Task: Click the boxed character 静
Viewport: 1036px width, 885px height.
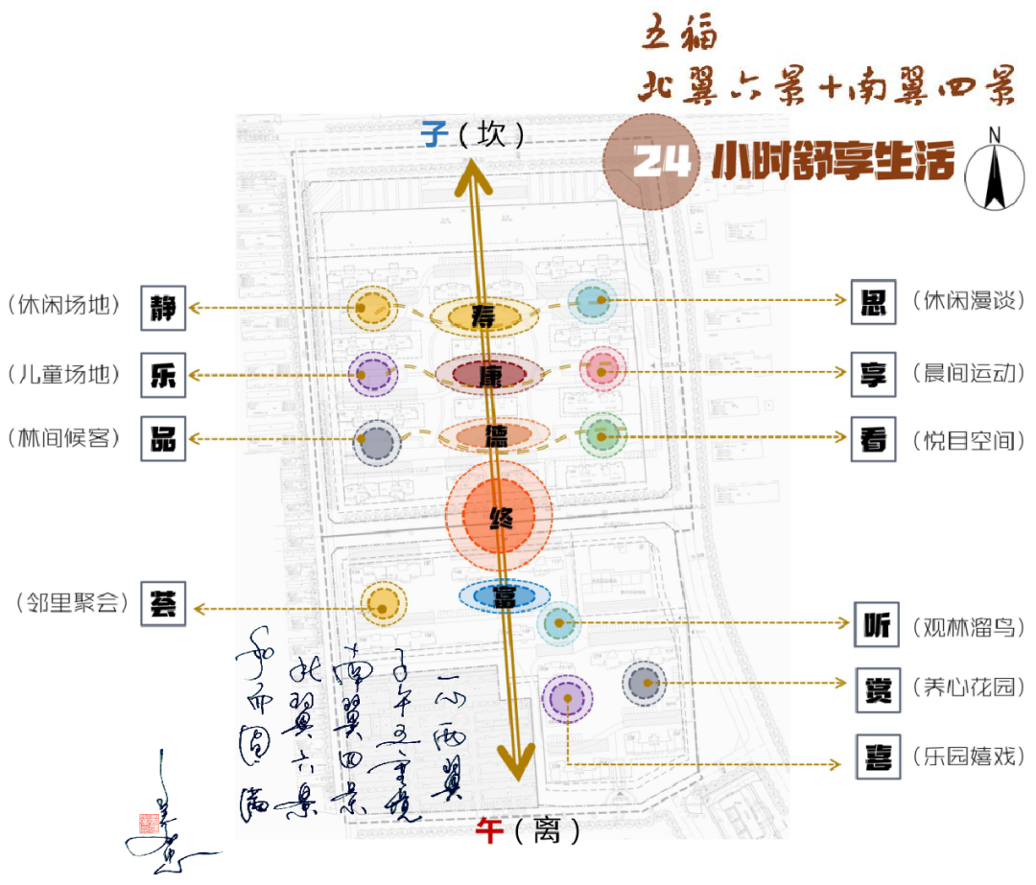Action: pyautogui.click(x=163, y=308)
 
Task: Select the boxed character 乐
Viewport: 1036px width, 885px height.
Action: pyautogui.click(x=163, y=374)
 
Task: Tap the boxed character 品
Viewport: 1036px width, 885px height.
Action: pyautogui.click(x=163, y=438)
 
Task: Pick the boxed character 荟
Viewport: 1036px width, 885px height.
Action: pyautogui.click(x=163, y=605)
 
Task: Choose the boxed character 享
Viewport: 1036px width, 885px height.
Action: pyautogui.click(x=874, y=374)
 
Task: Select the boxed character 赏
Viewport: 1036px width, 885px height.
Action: pyautogui.click(x=877, y=687)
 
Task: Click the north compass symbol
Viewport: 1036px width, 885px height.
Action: pyautogui.click(x=995, y=169)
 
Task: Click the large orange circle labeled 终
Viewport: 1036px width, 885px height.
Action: pyautogui.click(x=499, y=518)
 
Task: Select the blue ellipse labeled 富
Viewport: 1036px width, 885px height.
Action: pyautogui.click(x=503, y=596)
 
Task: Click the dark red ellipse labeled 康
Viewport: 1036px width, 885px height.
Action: pyautogui.click(x=490, y=375)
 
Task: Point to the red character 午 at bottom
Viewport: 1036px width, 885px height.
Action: pyautogui.click(x=489, y=829)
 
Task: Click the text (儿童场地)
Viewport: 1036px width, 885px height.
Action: pyautogui.click(x=65, y=374)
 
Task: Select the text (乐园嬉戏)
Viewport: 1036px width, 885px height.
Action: pyautogui.click(x=969, y=756)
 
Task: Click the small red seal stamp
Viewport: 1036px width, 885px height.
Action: pyautogui.click(x=149, y=823)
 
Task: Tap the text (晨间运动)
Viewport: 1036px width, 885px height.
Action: pyautogui.click(x=969, y=374)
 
